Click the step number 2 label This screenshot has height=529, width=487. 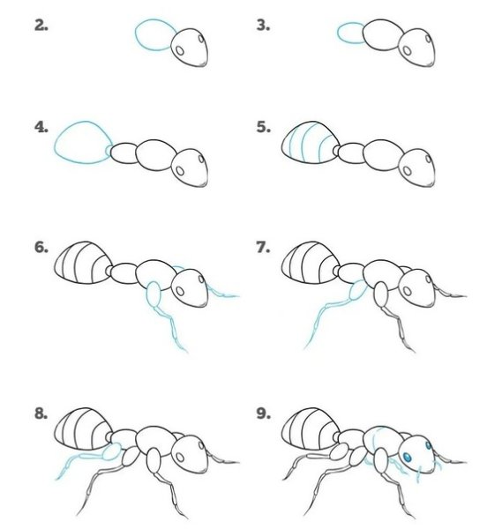coord(41,26)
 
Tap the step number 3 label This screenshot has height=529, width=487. coord(263,26)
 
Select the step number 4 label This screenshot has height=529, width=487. coord(41,127)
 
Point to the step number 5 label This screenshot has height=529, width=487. coord(263,127)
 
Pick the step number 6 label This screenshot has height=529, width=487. coord(41,248)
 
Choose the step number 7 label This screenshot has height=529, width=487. coord(263,248)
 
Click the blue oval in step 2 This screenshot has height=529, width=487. coord(153,36)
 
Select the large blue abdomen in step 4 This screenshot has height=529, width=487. coord(81,142)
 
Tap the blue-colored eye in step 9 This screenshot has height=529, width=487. coord(410,456)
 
